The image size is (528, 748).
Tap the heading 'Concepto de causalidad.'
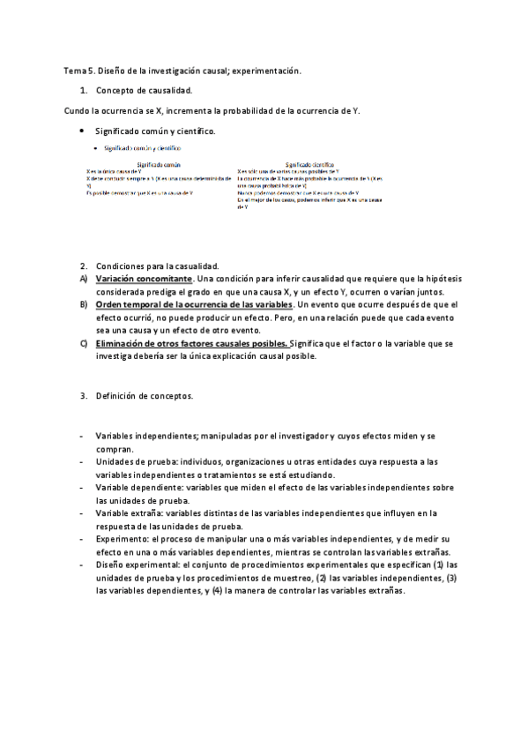[x=145, y=91]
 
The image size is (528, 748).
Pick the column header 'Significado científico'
[x=309, y=164]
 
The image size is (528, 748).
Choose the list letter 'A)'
[x=84, y=279]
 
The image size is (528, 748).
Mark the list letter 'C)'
[x=84, y=343]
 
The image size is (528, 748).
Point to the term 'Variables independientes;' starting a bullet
[x=146, y=437]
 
